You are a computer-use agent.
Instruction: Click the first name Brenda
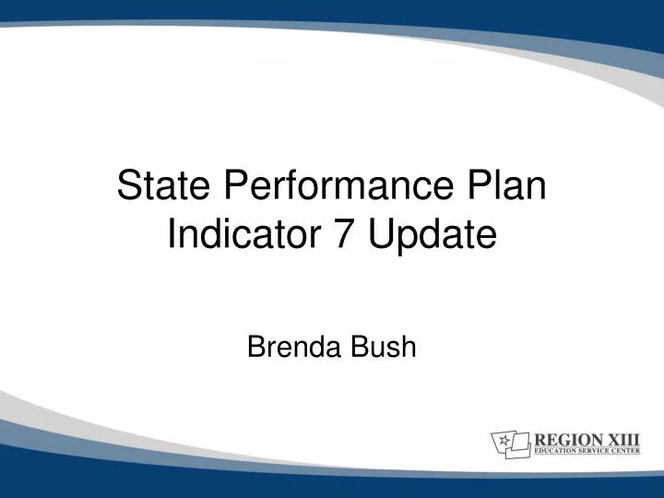(292, 348)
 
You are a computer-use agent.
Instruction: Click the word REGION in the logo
(564, 439)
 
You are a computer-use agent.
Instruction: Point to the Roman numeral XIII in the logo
(622, 439)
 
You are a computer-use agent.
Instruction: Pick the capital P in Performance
(235, 188)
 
